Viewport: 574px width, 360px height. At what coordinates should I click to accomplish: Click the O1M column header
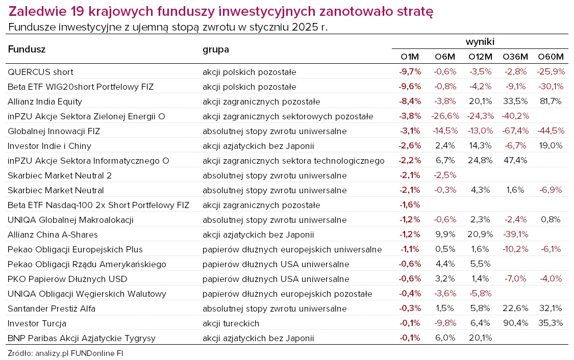(410, 57)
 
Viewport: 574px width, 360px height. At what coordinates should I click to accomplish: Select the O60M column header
(551, 57)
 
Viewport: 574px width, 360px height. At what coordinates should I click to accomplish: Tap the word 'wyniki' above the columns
(480, 42)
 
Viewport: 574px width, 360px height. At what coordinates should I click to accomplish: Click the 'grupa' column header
(216, 49)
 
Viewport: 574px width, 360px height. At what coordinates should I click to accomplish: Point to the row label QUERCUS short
(40, 72)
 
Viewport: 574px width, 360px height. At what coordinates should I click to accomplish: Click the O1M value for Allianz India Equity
(410, 101)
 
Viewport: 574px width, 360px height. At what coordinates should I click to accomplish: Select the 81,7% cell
(551, 101)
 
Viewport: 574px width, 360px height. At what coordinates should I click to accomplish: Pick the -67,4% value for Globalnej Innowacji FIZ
(515, 131)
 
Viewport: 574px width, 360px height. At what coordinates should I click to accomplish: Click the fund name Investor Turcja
(37, 323)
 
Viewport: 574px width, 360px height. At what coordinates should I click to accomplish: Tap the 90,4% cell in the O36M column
(515, 323)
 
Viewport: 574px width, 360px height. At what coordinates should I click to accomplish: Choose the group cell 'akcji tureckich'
(231, 323)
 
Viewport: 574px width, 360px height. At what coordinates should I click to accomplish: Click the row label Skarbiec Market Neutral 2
(60, 175)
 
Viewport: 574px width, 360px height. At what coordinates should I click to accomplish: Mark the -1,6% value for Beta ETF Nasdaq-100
(410, 205)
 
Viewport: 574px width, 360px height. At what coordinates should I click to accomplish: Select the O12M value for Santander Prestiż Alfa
(480, 308)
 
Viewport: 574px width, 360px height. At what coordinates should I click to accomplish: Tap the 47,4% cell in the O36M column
(515, 161)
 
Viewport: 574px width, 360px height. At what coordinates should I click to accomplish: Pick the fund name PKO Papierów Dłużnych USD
(67, 279)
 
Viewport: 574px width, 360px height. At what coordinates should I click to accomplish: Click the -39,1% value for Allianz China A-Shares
(515, 235)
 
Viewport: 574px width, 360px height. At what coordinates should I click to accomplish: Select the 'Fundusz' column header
(27, 49)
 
